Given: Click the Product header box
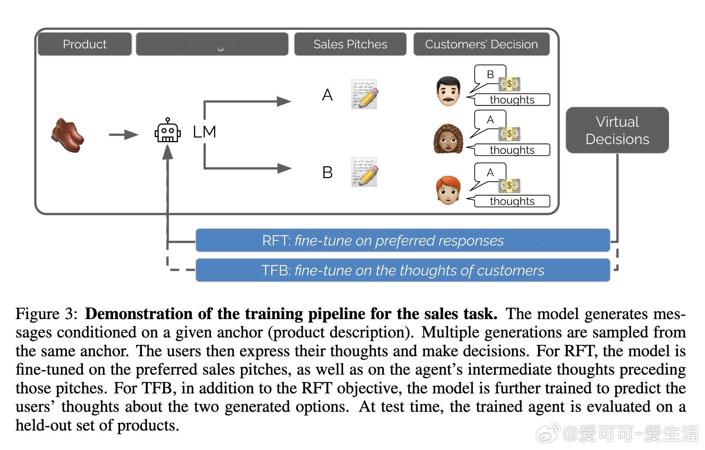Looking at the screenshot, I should pyautogui.click(x=85, y=44).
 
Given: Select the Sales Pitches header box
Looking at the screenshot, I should pyautogui.click(x=350, y=44).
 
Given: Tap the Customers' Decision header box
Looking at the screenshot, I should pyautogui.click(x=481, y=44).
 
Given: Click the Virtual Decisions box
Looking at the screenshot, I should pyautogui.click(x=617, y=130).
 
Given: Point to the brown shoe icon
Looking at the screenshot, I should pyautogui.click(x=68, y=135).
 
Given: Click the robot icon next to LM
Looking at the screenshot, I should pyautogui.click(x=168, y=131).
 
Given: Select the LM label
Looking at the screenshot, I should pyautogui.click(x=204, y=132).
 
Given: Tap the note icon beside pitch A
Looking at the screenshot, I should pyautogui.click(x=364, y=94).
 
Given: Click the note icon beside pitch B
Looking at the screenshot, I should pyautogui.click(x=364, y=172).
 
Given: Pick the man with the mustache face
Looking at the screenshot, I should pyautogui.click(x=448, y=91).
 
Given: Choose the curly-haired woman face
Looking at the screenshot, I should pyautogui.click(x=448, y=139).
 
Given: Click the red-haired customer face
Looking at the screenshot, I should pyautogui.click(x=448, y=190).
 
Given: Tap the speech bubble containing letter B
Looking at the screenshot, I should pyautogui.click(x=490, y=75).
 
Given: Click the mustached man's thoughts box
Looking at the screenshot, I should pyautogui.click(x=512, y=100).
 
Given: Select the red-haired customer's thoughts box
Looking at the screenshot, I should pyautogui.click(x=512, y=201).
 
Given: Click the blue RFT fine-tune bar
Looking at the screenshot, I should pyautogui.click(x=402, y=240).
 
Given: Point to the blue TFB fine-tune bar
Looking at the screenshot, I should pyautogui.click(x=402, y=270).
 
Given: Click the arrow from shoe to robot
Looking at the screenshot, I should pyautogui.click(x=123, y=134).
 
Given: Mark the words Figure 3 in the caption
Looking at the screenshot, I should pyautogui.click(x=46, y=314).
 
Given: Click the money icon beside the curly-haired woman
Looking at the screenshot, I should pyautogui.click(x=509, y=133).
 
